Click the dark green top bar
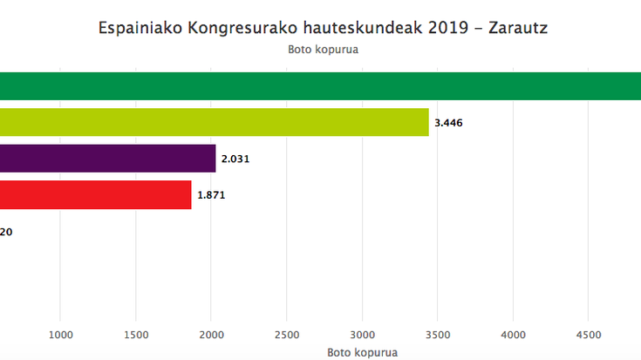pos(320,86)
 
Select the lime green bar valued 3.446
pos(215,122)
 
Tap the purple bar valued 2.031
pos(107,159)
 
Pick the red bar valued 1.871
pos(95,194)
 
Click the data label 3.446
pos(447,123)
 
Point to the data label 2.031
pos(235,160)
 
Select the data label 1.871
pos(211,195)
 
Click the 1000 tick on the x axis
pos(60,335)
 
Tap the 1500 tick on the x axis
pos(135,335)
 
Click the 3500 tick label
pos(437,335)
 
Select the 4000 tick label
pos(513,335)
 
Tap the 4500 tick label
pos(588,335)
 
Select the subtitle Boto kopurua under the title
pos(324,50)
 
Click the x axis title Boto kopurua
pos(362,352)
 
